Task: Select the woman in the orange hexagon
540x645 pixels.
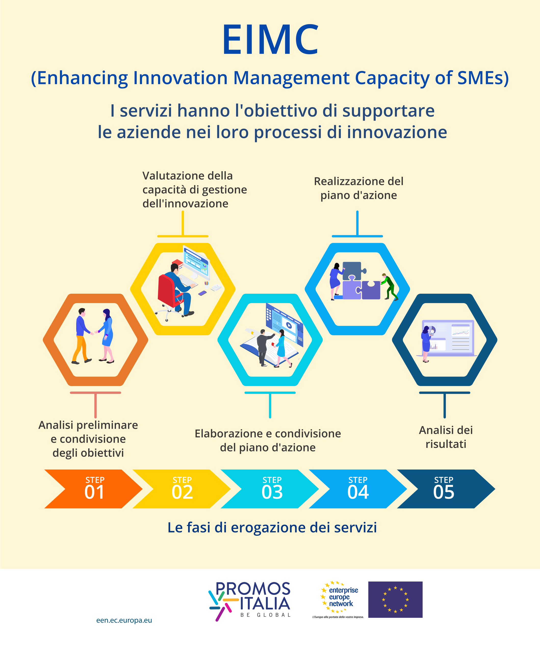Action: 106,336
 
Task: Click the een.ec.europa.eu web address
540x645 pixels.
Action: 124,620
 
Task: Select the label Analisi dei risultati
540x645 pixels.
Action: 446,437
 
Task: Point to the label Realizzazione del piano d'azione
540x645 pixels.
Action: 359,188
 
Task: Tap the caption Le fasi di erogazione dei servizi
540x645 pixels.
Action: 272,528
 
